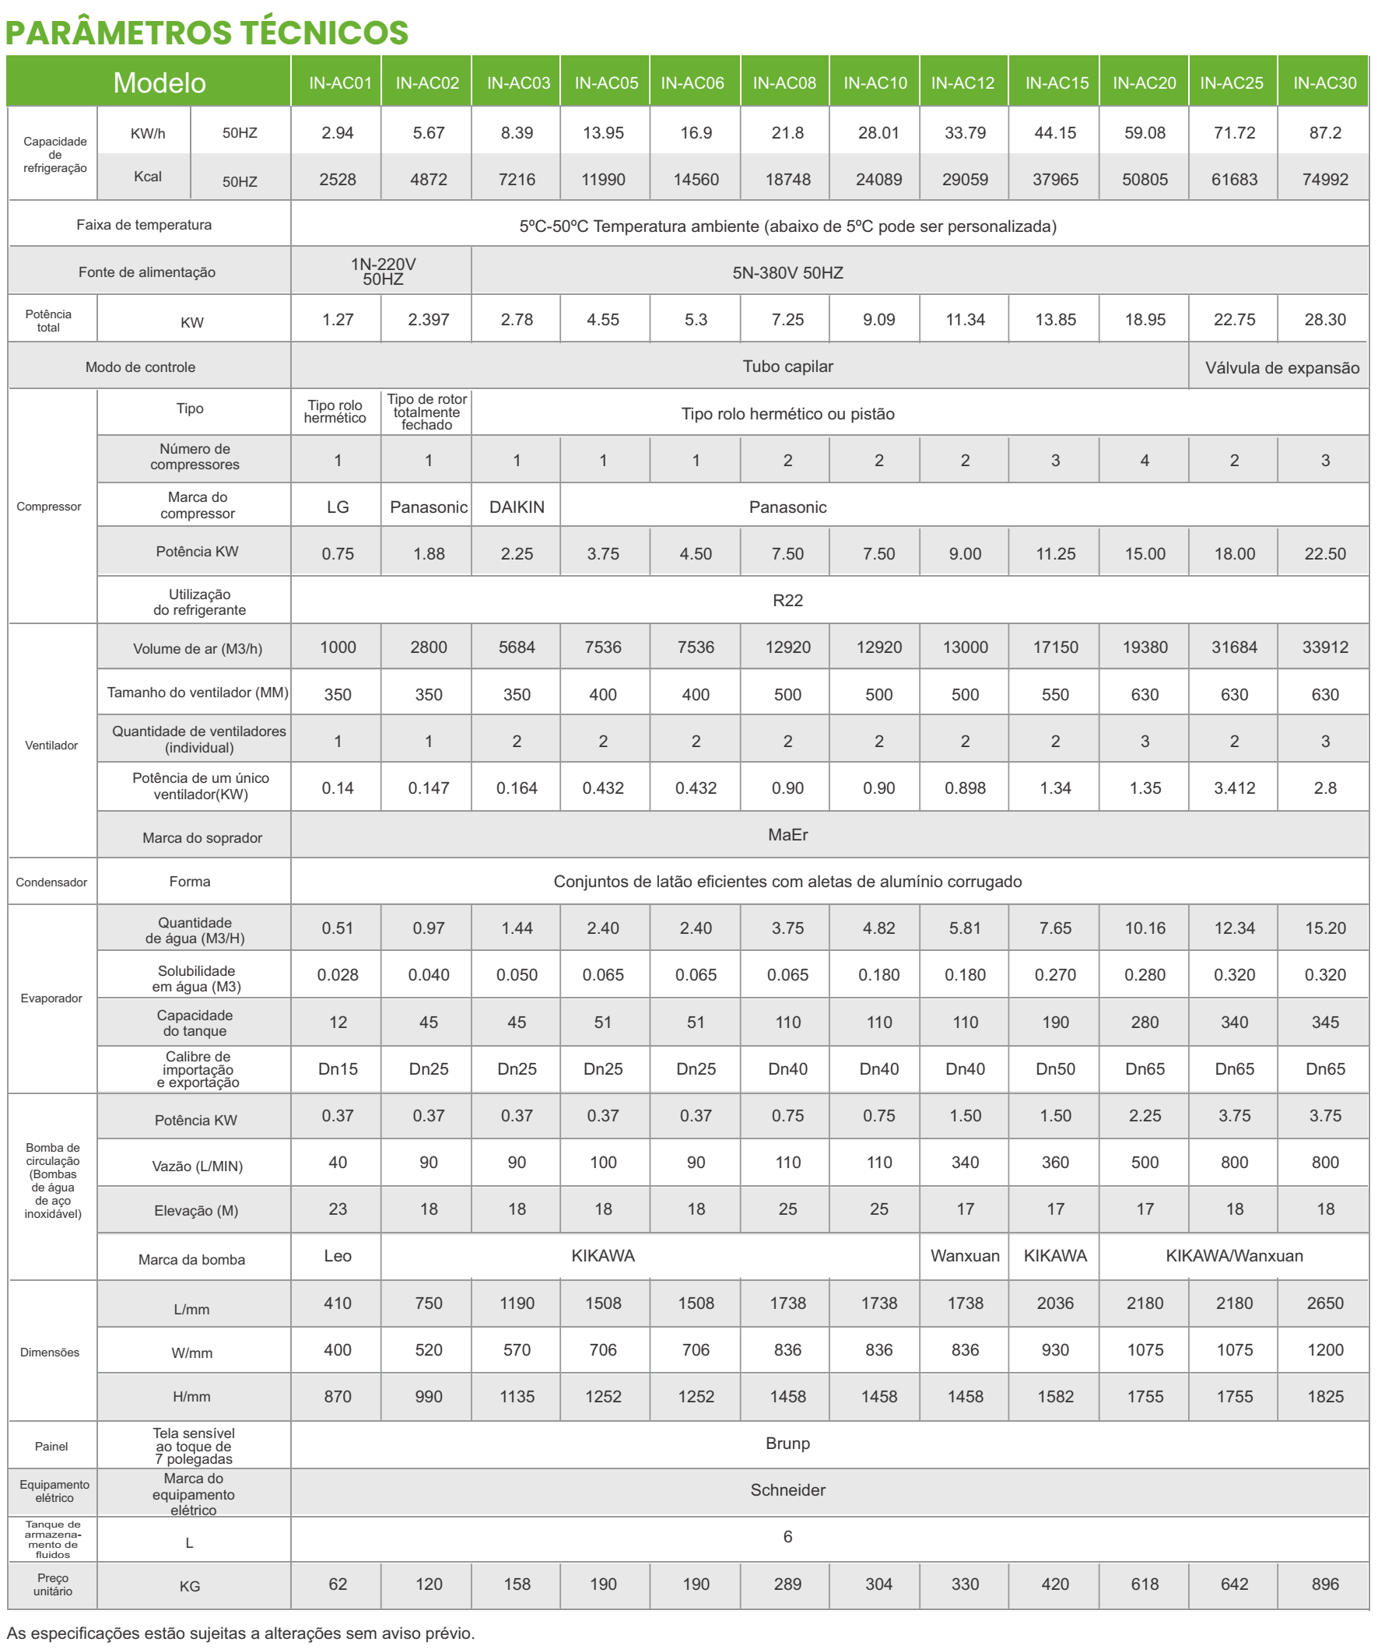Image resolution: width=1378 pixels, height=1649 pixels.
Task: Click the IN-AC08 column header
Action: click(x=784, y=82)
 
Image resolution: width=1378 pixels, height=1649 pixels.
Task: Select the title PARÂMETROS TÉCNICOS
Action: click(x=206, y=32)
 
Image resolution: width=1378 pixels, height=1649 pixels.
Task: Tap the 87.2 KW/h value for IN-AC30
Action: click(x=1324, y=133)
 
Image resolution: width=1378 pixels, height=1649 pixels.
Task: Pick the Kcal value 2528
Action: click(x=338, y=179)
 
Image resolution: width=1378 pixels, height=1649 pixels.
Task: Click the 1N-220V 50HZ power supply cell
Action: click(x=382, y=271)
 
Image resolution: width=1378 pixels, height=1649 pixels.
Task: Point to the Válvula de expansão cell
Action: click(x=1282, y=367)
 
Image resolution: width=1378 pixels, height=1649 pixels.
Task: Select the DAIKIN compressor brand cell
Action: click(x=517, y=507)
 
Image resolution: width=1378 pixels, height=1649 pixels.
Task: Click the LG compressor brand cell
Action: click(x=338, y=507)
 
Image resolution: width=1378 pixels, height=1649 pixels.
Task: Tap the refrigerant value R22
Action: click(x=787, y=600)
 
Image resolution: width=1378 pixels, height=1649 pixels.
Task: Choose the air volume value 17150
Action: click(x=1055, y=647)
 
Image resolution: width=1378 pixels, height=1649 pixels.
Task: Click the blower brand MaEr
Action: click(x=787, y=834)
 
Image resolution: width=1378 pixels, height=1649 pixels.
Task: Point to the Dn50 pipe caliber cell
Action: click(x=1055, y=1068)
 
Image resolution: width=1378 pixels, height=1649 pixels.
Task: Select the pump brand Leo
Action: click(x=338, y=1254)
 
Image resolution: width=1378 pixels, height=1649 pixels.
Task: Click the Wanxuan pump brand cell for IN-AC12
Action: click(x=965, y=1254)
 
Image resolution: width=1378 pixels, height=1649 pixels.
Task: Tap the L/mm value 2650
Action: click(x=1324, y=1302)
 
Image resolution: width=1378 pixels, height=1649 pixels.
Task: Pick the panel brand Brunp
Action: click(x=787, y=1443)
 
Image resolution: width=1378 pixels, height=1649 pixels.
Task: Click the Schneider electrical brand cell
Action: click(x=787, y=1489)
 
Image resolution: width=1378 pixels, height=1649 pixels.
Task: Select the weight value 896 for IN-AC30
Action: click(x=1324, y=1584)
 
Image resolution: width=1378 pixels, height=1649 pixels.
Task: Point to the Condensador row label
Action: click(x=51, y=882)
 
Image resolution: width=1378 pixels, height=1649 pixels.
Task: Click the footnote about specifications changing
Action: click(x=241, y=1633)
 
